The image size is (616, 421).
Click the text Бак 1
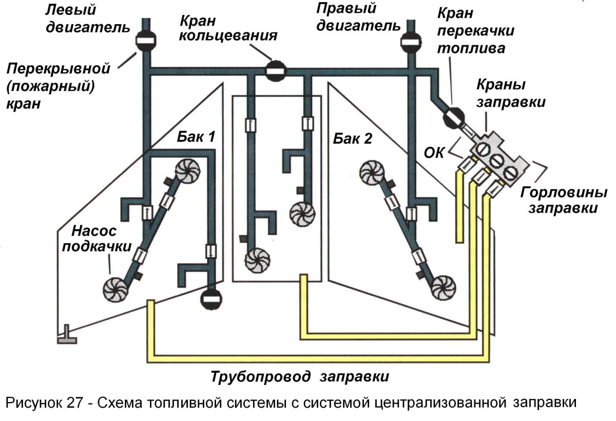(x=196, y=137)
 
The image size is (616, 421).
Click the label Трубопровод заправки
(x=299, y=376)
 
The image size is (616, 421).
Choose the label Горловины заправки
(x=563, y=200)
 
